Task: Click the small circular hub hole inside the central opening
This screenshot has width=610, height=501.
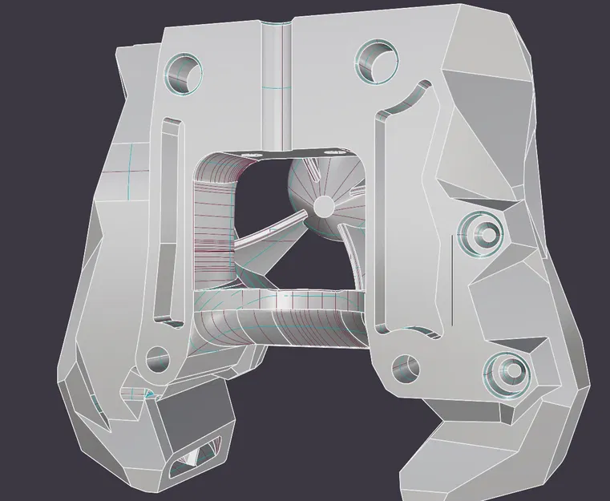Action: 322,207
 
